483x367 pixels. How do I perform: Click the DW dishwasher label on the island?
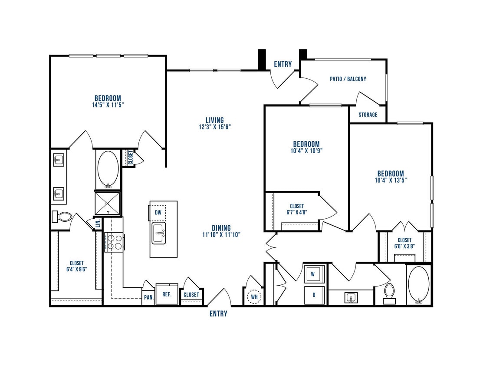coord(158,212)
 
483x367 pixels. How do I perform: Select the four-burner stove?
coord(114,242)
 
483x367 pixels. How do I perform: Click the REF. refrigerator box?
coord(167,294)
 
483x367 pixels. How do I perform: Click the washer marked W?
coord(313,274)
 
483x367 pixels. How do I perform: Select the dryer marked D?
coord(313,295)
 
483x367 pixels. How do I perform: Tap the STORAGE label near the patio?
coord(368,115)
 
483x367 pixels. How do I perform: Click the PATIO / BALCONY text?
coord(348,79)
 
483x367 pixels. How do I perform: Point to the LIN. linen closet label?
coord(98,223)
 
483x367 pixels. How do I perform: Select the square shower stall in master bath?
coord(107,204)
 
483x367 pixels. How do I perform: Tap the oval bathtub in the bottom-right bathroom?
coord(419,285)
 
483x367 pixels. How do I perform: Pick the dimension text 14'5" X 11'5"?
coord(108,105)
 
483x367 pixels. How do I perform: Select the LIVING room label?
coord(215,120)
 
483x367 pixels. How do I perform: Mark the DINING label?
coord(221,228)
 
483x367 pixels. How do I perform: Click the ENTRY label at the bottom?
coord(218,314)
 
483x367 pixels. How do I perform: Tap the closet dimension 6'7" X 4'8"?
coord(297,213)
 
